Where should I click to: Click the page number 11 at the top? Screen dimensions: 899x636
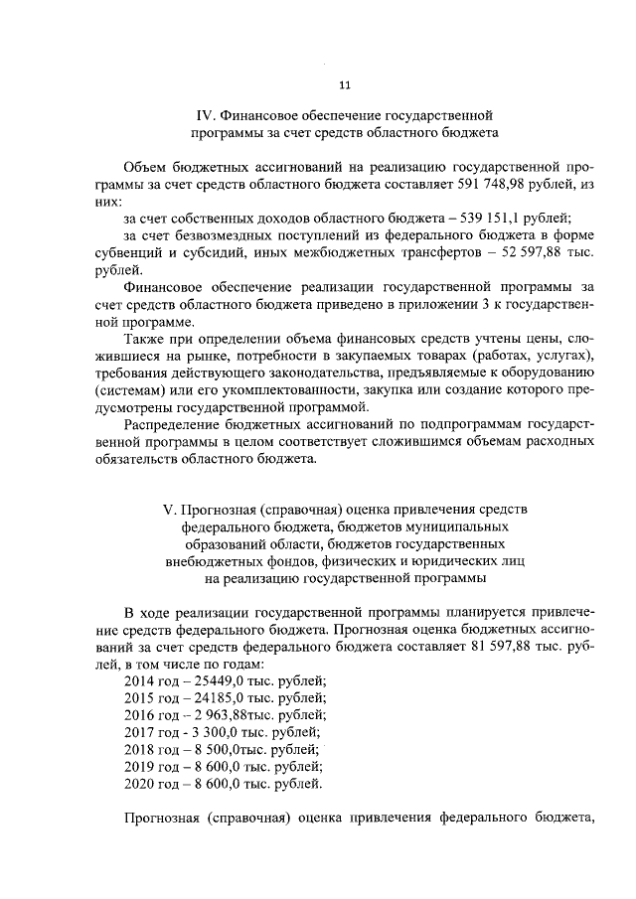tap(344, 84)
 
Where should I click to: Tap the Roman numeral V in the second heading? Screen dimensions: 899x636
tap(170, 510)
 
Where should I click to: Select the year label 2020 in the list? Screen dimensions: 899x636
tap(140, 785)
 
